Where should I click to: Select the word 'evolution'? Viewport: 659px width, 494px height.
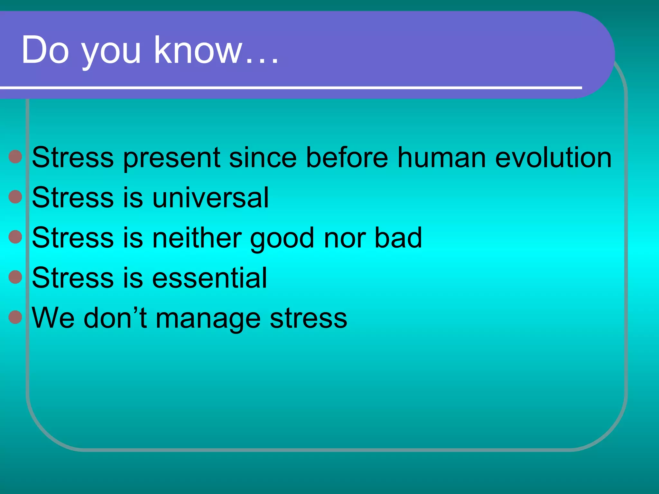click(553, 157)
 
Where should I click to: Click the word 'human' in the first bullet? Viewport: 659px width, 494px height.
click(441, 157)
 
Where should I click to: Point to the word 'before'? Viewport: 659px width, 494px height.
click(347, 157)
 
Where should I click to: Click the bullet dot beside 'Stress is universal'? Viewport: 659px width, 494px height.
click(15, 197)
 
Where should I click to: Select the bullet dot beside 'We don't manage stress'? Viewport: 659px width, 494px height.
click(15, 317)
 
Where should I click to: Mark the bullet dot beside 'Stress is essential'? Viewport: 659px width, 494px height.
click(15, 277)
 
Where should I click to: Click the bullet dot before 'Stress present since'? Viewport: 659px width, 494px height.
click(15, 157)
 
